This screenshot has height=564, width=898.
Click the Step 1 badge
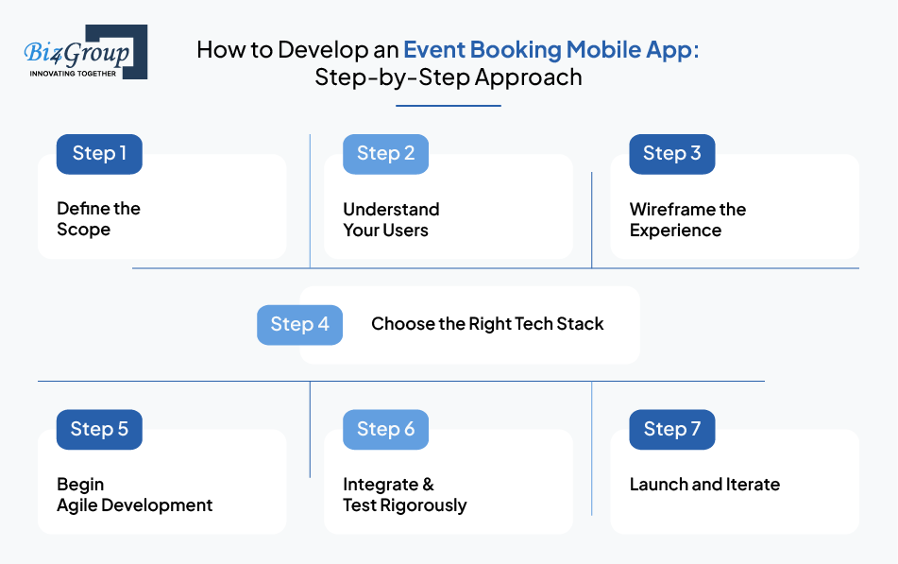pyautogui.click(x=99, y=154)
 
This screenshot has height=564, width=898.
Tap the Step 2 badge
pyautogui.click(x=385, y=154)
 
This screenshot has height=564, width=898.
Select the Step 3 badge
pyautogui.click(x=671, y=154)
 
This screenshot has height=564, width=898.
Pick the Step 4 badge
pyautogui.click(x=299, y=324)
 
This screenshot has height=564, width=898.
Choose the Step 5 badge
pyautogui.click(x=99, y=429)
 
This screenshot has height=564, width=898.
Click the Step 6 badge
pyautogui.click(x=385, y=429)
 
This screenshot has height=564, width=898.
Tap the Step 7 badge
pyautogui.click(x=671, y=429)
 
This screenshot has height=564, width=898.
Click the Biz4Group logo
pyautogui.click(x=85, y=52)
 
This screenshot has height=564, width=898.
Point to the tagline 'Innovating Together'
pyautogui.click(x=73, y=74)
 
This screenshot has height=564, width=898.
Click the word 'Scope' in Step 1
pyautogui.click(x=84, y=230)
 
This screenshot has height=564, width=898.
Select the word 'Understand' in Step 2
pyautogui.click(x=391, y=209)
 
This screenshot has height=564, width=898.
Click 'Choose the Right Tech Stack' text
pyautogui.click(x=487, y=324)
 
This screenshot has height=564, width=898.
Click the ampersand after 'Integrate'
pyautogui.click(x=429, y=485)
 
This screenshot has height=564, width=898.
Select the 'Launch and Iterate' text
pyautogui.click(x=704, y=485)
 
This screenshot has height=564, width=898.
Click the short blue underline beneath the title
pyautogui.click(x=449, y=106)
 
